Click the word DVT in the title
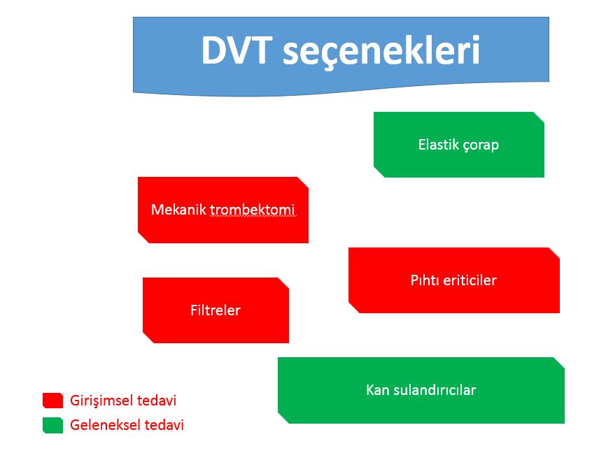click(237, 50)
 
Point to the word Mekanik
click(178, 210)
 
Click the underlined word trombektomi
click(252, 210)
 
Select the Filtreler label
click(216, 310)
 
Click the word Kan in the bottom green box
click(378, 390)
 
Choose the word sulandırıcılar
click(435, 390)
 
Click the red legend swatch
click(53, 401)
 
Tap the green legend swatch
click(53, 425)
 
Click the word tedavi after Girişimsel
click(157, 401)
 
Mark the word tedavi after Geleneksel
click(164, 425)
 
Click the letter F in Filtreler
click(194, 310)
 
